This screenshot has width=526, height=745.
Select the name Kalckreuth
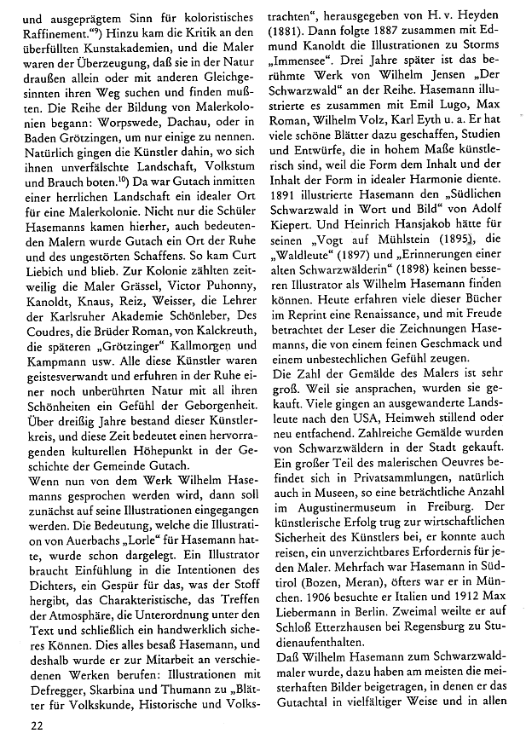(x=224, y=332)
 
